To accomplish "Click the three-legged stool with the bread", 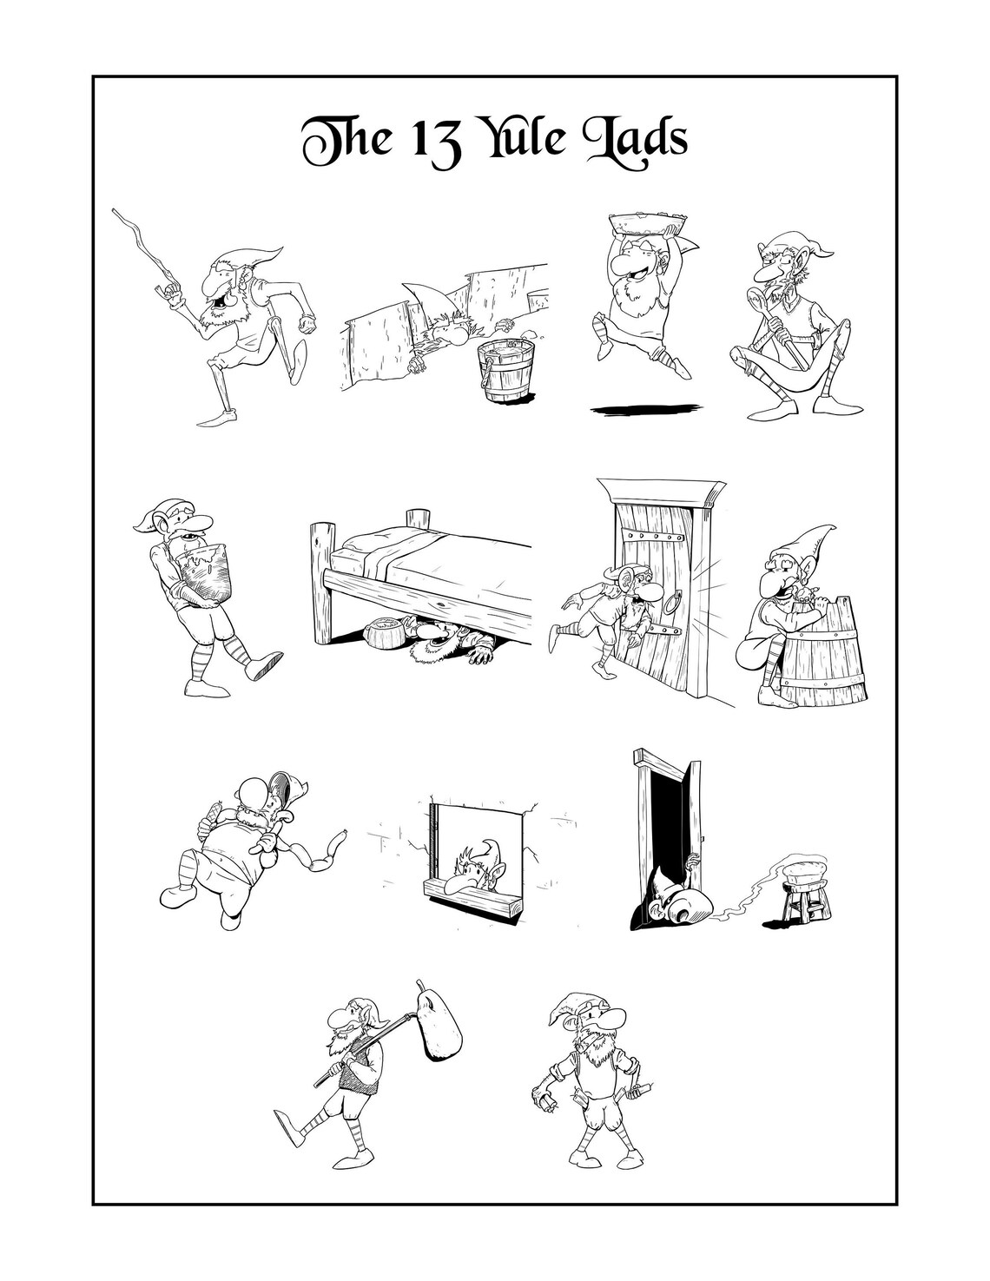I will [x=806, y=904].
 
